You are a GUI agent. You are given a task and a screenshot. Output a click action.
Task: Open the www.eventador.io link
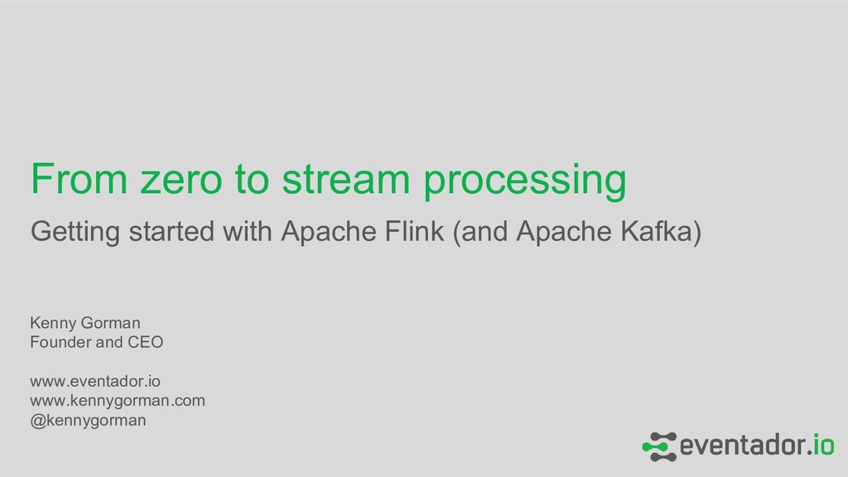click(95, 381)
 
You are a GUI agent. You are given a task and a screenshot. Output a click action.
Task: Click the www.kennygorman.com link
click(118, 401)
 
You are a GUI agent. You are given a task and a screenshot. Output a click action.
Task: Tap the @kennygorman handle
click(88, 421)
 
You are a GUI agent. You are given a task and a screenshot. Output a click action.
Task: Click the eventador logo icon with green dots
click(659, 446)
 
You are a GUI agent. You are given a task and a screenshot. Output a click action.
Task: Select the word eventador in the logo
click(741, 446)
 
